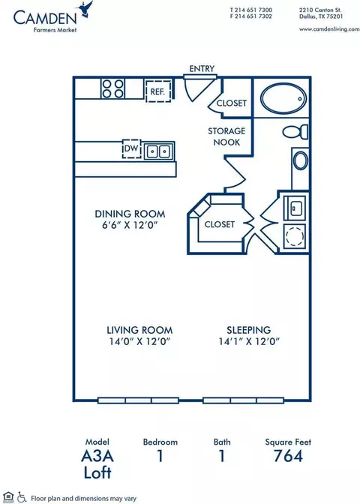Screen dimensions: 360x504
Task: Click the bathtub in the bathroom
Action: click(x=283, y=98)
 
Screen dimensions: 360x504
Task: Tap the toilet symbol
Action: click(x=295, y=132)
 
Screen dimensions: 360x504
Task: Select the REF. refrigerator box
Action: click(x=157, y=91)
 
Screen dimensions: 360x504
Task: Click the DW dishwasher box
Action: click(x=131, y=148)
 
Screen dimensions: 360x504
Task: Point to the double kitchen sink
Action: click(x=158, y=151)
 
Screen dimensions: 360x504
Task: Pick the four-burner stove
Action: click(x=112, y=88)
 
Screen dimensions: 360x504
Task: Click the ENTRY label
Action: click(x=202, y=69)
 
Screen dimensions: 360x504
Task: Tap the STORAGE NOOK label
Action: click(x=226, y=136)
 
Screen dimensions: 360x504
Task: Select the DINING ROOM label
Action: click(x=130, y=214)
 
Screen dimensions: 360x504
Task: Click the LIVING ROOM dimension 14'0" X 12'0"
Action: click(x=139, y=341)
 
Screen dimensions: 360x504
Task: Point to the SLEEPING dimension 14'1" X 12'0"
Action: click(x=249, y=341)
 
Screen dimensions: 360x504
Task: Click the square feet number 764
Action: click(x=288, y=456)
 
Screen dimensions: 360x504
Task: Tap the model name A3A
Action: click(x=97, y=456)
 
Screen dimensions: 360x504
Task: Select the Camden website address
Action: click(x=329, y=29)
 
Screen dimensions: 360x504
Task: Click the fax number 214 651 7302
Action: click(x=253, y=16)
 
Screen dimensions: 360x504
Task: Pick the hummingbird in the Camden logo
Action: click(x=85, y=9)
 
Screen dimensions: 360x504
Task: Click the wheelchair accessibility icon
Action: click(x=22, y=497)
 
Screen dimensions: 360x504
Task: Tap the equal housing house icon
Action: click(x=8, y=497)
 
